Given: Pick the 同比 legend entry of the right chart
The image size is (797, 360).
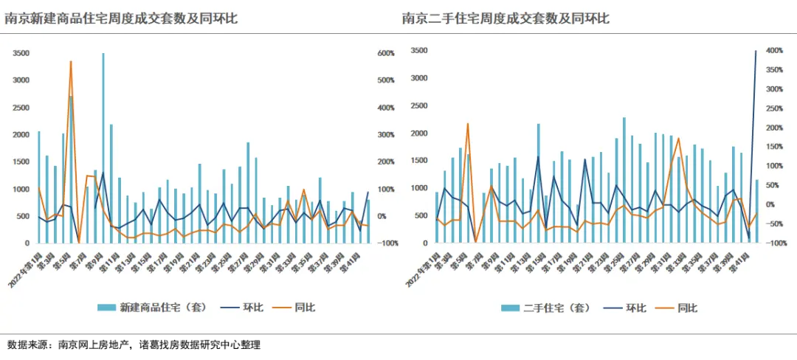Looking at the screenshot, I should pos(674,308).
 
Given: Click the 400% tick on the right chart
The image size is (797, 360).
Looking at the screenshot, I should pos(774,51).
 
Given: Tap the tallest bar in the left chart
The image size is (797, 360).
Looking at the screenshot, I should pos(103,148).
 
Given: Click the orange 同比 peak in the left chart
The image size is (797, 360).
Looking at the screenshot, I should pos(71,62).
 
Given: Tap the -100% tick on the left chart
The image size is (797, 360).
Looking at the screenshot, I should pos(387,243).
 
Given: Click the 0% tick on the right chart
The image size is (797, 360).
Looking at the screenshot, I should pos(770,204).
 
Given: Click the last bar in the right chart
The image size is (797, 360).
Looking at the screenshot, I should pos(756,211).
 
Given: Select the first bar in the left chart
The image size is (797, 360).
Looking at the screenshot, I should pos(39,187).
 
